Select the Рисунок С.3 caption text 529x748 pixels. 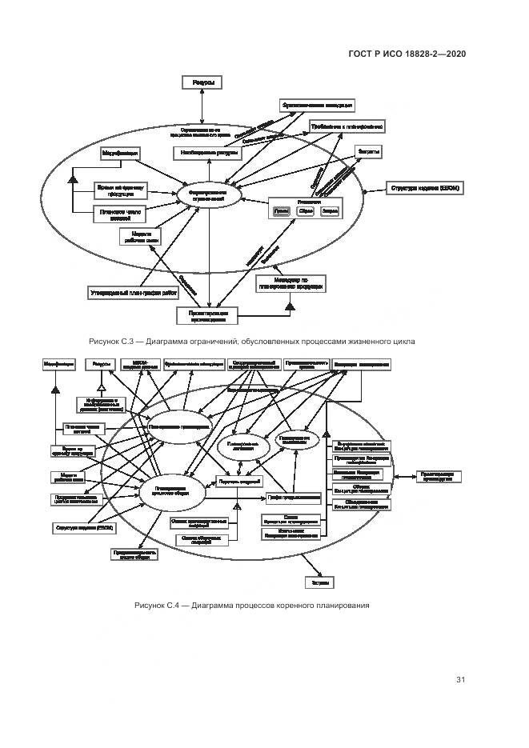click(x=251, y=342)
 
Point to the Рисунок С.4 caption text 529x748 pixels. click(x=251, y=605)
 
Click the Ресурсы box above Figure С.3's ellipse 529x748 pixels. click(x=202, y=83)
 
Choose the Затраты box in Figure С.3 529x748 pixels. click(x=368, y=150)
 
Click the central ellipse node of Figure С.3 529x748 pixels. click(x=208, y=196)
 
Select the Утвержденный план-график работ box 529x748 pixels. click(x=134, y=294)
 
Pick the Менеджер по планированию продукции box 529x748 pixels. click(x=291, y=283)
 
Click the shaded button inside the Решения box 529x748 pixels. click(x=280, y=211)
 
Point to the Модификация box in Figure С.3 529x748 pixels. click(x=120, y=151)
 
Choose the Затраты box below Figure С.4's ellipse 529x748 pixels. click(x=317, y=581)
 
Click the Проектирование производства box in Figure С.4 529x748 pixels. click(x=439, y=476)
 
